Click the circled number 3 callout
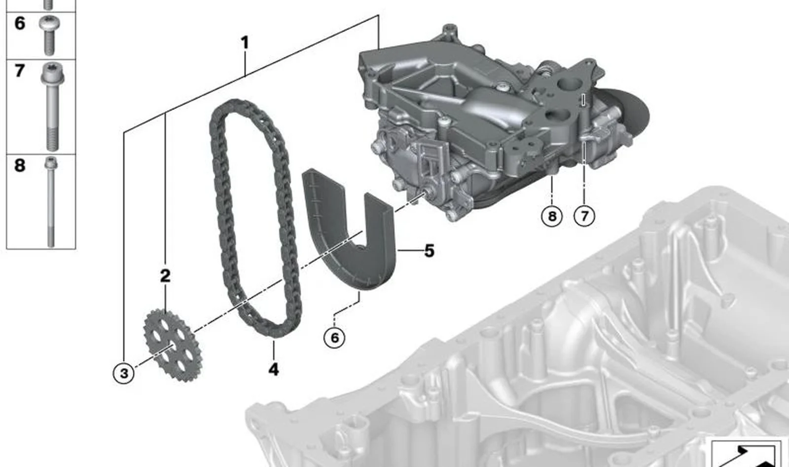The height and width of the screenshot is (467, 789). tap(124, 373)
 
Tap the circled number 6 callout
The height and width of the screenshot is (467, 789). tap(334, 338)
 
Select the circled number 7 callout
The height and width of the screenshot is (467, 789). tap(584, 216)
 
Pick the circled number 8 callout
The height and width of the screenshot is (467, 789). tap(552, 216)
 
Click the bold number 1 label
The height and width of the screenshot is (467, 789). tap(245, 42)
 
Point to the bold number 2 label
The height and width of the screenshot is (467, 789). tap(165, 276)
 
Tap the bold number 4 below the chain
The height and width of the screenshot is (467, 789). tap(274, 369)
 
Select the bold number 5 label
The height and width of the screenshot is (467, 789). tap(430, 251)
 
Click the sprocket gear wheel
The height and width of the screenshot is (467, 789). tap(172, 345)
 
